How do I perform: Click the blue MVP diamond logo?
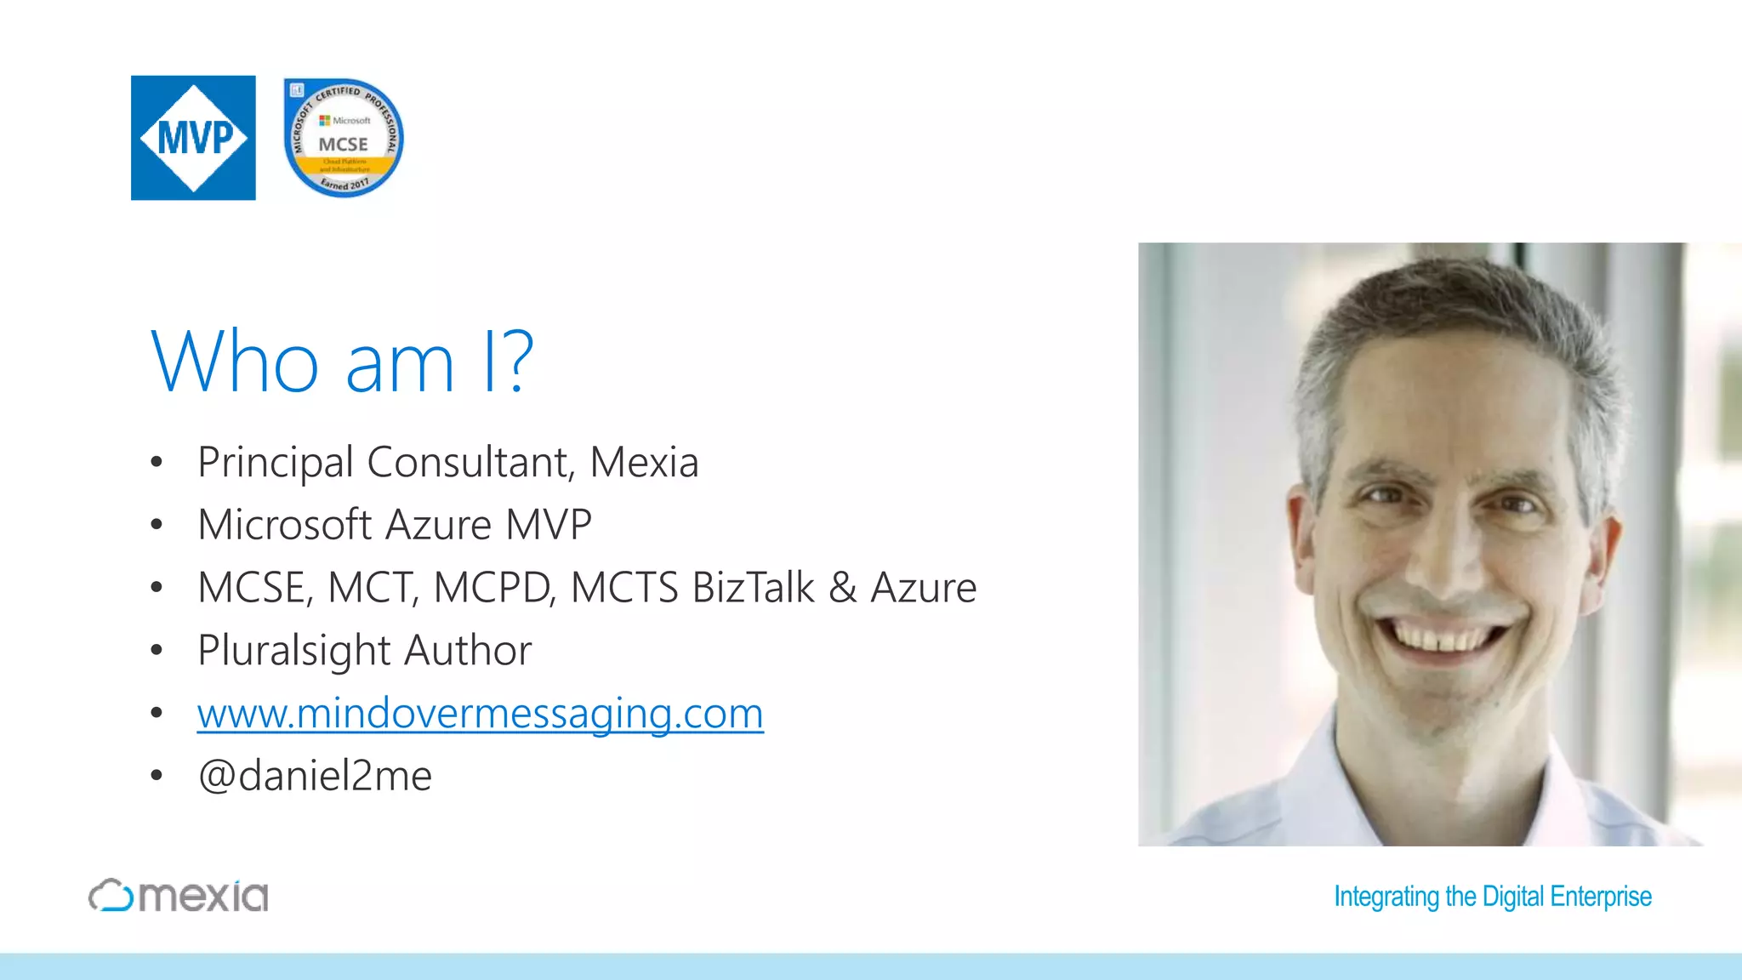click(193, 138)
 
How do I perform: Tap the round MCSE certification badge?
click(344, 138)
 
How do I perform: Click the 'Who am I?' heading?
click(342, 362)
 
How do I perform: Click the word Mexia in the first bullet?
click(644, 463)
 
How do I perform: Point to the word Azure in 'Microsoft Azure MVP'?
click(438, 525)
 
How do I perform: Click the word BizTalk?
click(754, 588)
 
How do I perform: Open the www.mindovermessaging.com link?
click(480, 713)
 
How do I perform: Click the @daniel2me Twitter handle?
click(315, 776)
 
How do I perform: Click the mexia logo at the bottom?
click(179, 896)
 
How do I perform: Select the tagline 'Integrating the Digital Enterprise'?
click(1492, 897)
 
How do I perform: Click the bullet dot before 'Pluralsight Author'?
click(156, 651)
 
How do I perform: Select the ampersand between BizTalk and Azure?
click(842, 588)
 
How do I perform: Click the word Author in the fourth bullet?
click(468, 651)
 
